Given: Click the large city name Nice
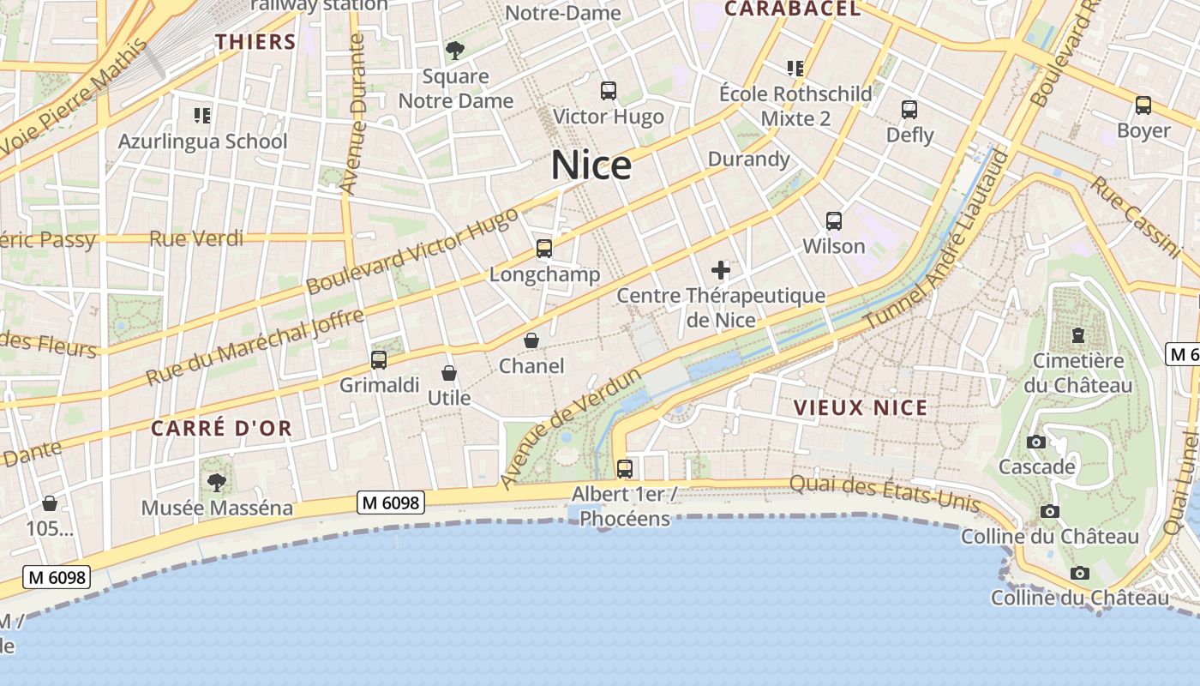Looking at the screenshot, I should [591, 165].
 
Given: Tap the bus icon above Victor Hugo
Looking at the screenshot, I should [609, 90].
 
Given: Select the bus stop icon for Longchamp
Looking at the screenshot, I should [543, 249].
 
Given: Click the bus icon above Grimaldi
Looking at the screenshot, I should [379, 359].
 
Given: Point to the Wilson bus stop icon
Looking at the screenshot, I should [834, 220].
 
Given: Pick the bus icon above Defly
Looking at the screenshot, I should [909, 110].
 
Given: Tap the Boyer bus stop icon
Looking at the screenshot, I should [1143, 105].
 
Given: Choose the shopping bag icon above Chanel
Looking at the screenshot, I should [531, 340].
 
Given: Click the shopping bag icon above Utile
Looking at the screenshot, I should [448, 373].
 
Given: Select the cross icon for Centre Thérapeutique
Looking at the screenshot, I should [721, 271].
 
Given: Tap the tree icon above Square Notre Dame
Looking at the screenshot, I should [455, 51].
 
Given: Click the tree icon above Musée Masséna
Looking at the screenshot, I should [217, 482].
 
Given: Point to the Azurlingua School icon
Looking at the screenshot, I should [202, 115].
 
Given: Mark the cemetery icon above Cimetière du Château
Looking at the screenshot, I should [1077, 334].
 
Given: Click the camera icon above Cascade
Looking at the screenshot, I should [1036, 442].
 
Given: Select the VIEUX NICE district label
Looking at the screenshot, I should [861, 407].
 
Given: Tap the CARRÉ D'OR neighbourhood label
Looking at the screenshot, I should [221, 428].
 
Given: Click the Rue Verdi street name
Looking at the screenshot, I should [196, 238].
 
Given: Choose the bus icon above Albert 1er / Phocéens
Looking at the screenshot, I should [625, 468].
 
